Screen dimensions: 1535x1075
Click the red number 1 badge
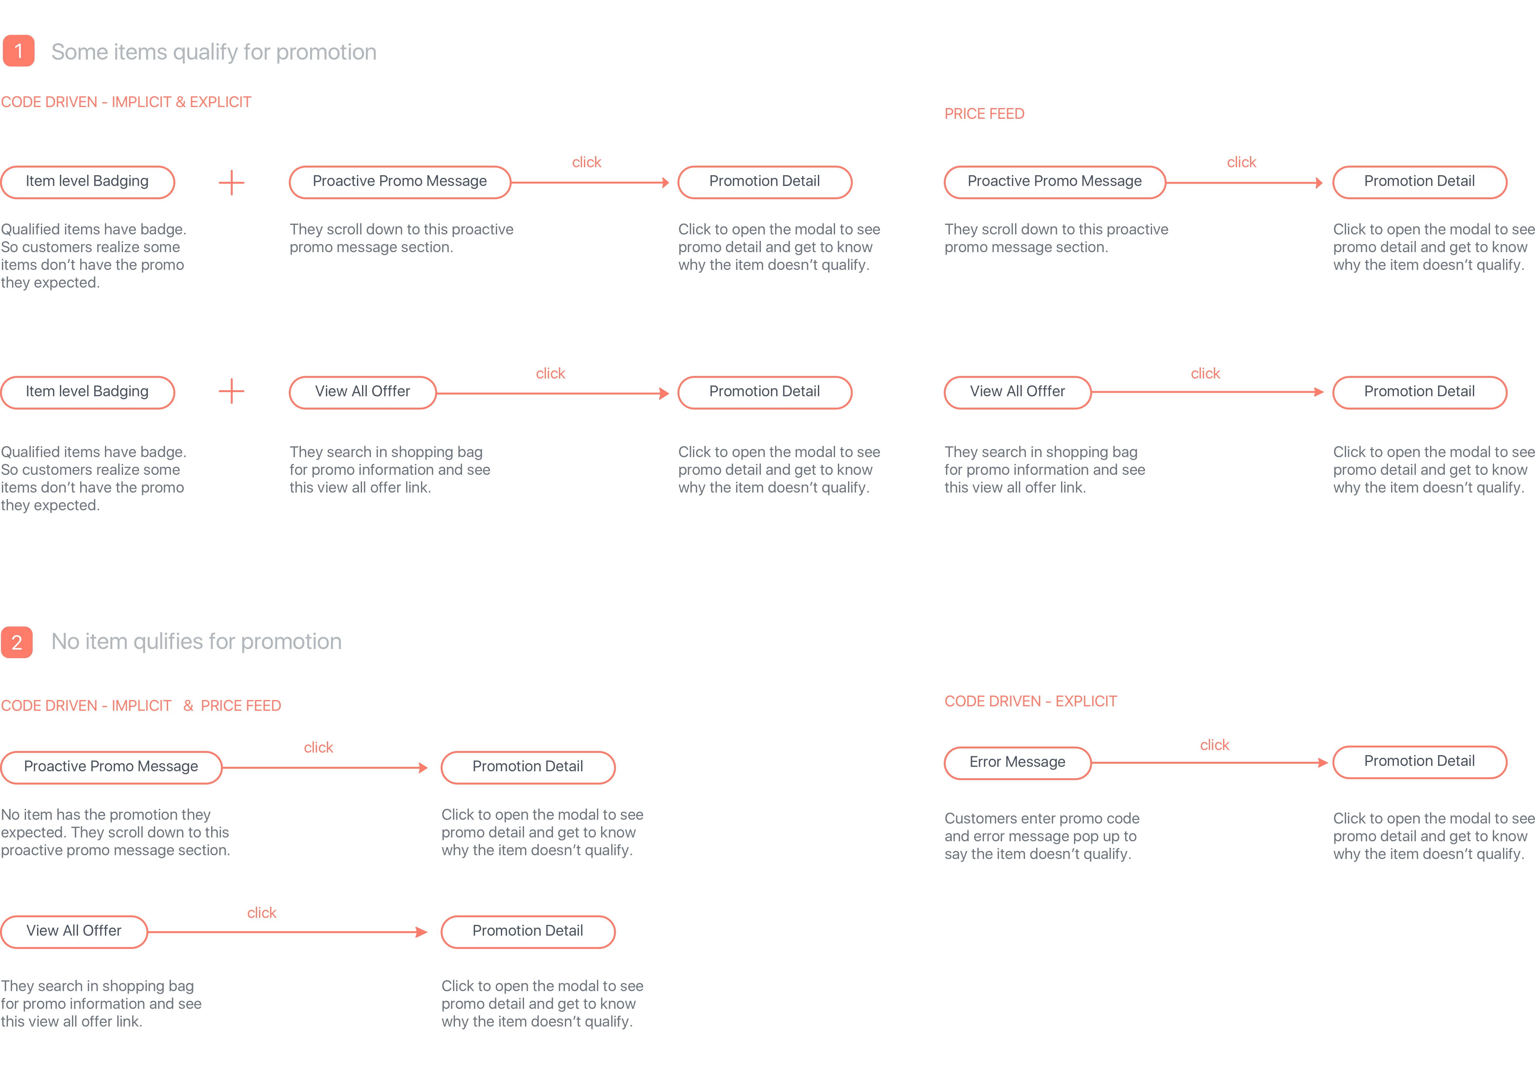19,51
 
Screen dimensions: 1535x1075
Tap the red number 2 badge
17,642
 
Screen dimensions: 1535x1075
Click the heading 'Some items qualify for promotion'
214,52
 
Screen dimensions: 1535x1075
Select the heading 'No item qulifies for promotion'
197,641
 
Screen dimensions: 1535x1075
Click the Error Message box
1018,762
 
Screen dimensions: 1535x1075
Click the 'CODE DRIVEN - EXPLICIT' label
1030,702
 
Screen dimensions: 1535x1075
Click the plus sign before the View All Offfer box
231,391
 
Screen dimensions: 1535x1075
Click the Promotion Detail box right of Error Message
1419,762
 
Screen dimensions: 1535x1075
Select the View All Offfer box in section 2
74,931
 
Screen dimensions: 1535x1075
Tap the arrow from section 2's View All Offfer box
288,932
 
